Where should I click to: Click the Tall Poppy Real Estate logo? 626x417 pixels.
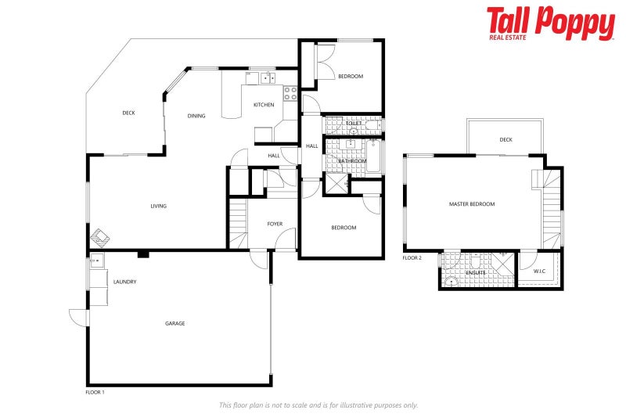[550, 23]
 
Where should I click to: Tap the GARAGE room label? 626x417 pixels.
[174, 323]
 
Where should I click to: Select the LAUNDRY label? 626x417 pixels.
[125, 282]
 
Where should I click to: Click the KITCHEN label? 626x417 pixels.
[264, 105]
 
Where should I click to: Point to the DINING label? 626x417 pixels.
[196, 116]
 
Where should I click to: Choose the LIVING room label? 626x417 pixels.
[159, 207]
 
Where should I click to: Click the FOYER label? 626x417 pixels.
[275, 225]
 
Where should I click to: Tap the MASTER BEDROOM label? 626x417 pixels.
[472, 204]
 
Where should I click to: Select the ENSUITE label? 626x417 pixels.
[476, 272]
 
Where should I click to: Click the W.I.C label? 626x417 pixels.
[540, 271]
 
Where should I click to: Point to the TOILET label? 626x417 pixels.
[354, 124]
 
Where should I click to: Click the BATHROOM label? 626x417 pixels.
[352, 161]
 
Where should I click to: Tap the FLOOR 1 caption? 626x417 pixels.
[95, 391]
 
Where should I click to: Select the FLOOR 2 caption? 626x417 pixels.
[412, 257]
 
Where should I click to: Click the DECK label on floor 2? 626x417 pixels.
[505, 140]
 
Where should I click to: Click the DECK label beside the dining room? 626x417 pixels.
[128, 113]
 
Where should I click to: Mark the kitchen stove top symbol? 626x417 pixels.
[290, 94]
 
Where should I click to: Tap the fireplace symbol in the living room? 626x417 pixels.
[100, 237]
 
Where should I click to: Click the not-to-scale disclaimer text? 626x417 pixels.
[318, 405]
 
